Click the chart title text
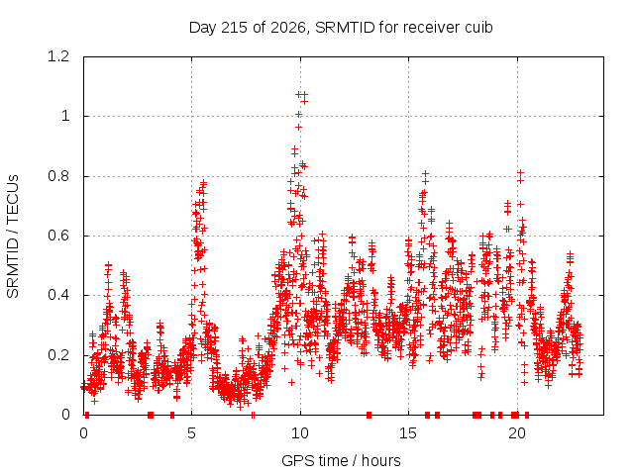341,28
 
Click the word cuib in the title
478,28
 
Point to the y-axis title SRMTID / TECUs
13,237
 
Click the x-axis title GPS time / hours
341,460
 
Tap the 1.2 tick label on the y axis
58,56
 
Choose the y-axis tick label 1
65,117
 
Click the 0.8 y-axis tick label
58,176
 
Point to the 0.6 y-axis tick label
58,236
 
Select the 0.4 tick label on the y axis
58,295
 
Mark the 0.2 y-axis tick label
58,355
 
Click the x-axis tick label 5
191,433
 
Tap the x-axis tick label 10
299,433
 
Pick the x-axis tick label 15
408,433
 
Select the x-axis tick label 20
516,433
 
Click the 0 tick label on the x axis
83,433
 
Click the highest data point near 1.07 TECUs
299,95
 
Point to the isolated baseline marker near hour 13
369,415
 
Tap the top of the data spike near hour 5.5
204,182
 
